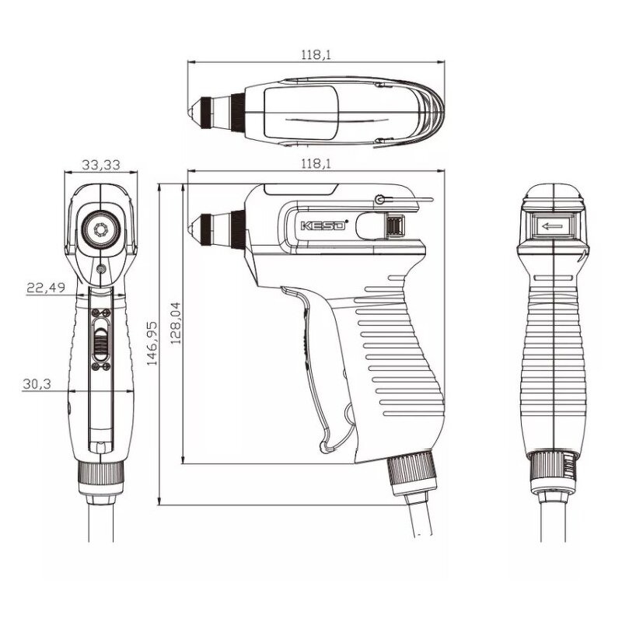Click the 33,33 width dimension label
point(100,164)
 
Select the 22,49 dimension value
point(47,287)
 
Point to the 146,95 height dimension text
point(153,342)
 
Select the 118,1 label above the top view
point(316,54)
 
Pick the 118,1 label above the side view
point(316,163)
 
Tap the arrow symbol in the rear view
point(554,227)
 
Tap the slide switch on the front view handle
point(100,339)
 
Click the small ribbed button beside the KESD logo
point(394,226)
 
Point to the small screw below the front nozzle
point(102,269)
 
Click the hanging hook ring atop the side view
point(380,200)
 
